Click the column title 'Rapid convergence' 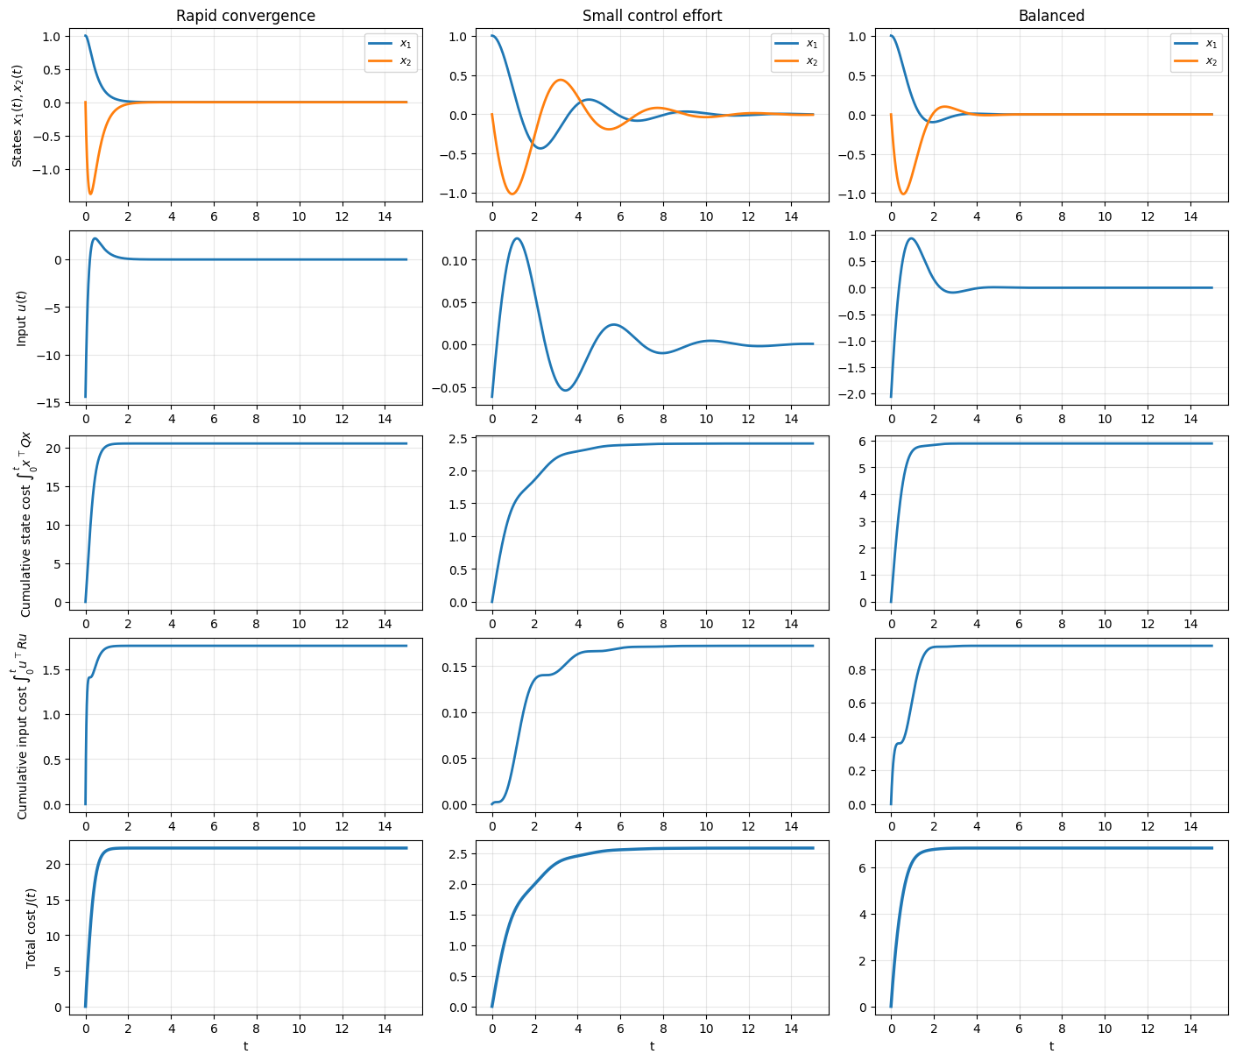(245, 16)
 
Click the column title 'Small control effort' (652, 16)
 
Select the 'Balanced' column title (1051, 16)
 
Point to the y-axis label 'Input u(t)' (22, 317)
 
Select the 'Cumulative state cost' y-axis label (25, 523)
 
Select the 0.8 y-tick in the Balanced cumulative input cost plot (858, 669)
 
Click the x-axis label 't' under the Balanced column (1051, 1046)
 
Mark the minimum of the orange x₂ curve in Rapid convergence (90, 194)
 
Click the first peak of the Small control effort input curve (518, 238)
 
